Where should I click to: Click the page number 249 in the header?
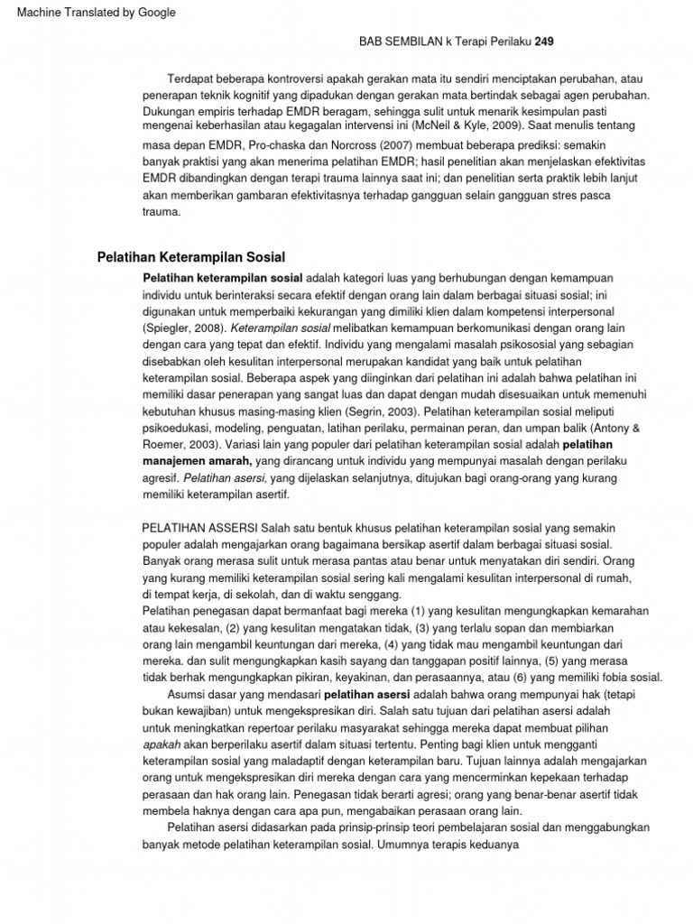tap(544, 42)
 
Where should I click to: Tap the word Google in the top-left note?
tap(155, 13)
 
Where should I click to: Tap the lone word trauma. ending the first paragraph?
tap(162, 213)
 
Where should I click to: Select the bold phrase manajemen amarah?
tap(197, 461)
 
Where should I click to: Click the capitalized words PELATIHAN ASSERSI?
tap(200, 528)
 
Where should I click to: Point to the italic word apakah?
tap(162, 744)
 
